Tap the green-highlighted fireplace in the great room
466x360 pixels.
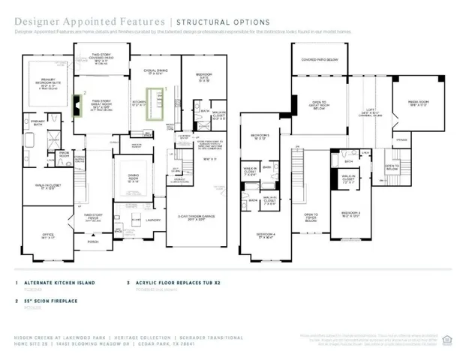(x=77, y=106)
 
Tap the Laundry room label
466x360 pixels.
(x=154, y=220)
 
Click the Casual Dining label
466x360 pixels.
(x=158, y=71)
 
